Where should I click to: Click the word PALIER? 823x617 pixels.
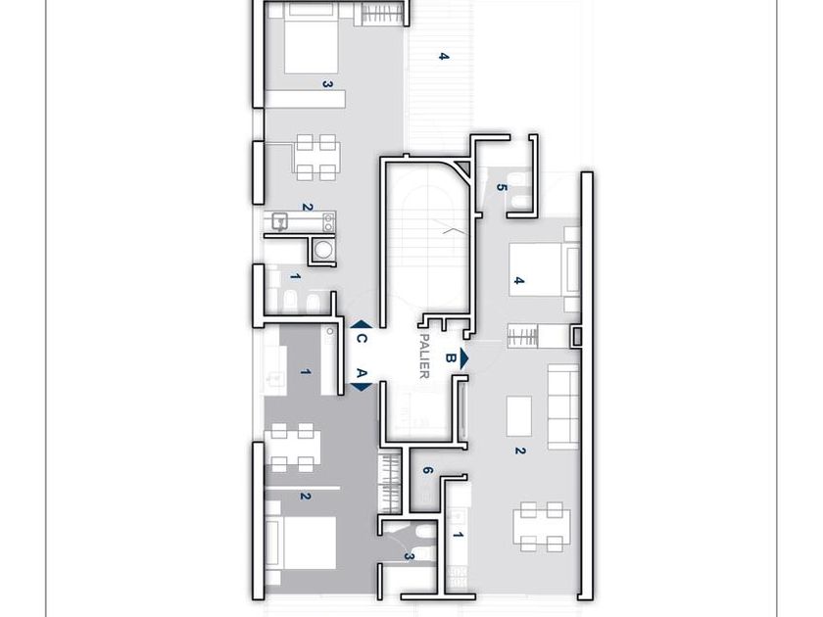click(424, 356)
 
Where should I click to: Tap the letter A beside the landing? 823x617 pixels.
click(362, 373)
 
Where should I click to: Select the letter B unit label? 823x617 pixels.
click(450, 357)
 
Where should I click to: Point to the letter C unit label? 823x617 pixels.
click(362, 339)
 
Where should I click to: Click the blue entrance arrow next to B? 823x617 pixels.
click(463, 358)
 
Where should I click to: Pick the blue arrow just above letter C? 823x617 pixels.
click(362, 325)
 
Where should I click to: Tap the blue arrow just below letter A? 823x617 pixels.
click(362, 387)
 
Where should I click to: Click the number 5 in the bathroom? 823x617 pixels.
click(502, 188)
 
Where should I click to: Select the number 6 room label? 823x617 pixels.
click(427, 471)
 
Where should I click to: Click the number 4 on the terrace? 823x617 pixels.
click(444, 56)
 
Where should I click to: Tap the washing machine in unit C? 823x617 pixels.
click(321, 250)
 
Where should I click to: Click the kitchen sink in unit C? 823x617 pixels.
click(280, 221)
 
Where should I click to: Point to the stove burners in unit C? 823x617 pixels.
click(328, 222)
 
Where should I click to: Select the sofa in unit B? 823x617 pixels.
click(563, 406)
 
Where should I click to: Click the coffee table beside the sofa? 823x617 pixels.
click(518, 416)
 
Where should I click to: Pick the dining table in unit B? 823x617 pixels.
click(542, 527)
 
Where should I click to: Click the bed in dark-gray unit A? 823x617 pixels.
click(300, 543)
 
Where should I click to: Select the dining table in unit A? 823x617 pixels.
click(293, 447)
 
